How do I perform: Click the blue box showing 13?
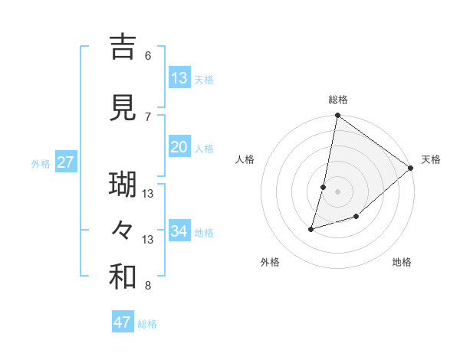(x=179, y=78)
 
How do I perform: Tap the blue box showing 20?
(x=179, y=147)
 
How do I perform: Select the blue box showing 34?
(x=179, y=231)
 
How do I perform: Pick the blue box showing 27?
(x=66, y=162)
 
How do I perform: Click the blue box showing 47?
(x=123, y=322)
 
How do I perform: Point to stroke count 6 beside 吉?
(x=148, y=55)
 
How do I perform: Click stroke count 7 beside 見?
(x=148, y=116)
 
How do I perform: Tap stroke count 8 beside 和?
(x=148, y=286)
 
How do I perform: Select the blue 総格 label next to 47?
(x=147, y=324)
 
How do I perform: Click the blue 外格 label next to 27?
(x=41, y=163)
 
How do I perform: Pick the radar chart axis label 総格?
(x=338, y=100)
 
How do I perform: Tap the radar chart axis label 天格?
(x=431, y=159)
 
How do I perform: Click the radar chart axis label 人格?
(x=245, y=159)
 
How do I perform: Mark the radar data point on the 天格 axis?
(x=411, y=169)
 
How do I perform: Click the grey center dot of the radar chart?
(x=338, y=191)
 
